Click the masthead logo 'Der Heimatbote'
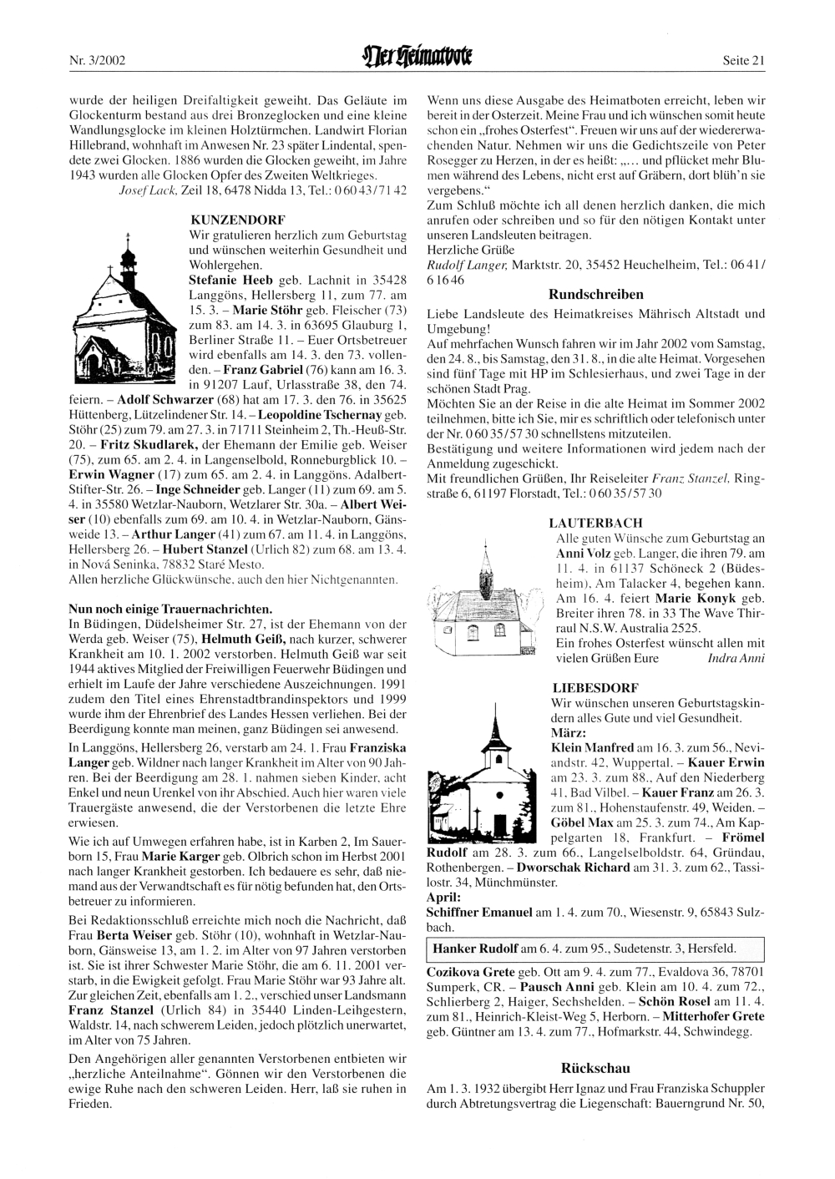click(417, 59)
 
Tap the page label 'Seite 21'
click(744, 60)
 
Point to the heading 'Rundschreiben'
click(595, 294)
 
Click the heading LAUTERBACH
click(590, 523)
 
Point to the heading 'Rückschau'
click(595, 1068)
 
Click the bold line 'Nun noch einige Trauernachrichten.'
click(170, 607)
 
